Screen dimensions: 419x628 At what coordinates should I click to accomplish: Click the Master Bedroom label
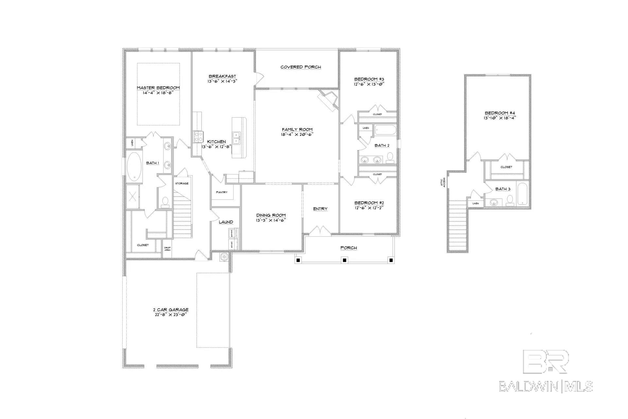(x=158, y=88)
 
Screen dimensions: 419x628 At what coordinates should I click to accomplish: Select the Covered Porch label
(x=301, y=67)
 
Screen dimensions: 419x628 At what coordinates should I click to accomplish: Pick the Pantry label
(x=221, y=192)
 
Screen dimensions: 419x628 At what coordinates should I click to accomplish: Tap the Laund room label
(x=226, y=222)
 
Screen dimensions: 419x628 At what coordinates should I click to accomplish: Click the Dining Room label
(x=271, y=215)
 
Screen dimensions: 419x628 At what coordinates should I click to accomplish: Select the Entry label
(x=320, y=209)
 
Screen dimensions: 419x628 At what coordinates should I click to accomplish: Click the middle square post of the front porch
(x=344, y=260)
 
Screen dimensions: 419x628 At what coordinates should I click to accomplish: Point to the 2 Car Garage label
(x=171, y=310)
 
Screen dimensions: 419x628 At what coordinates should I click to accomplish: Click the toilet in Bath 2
(x=390, y=158)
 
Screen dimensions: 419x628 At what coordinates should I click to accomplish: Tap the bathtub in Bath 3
(x=522, y=194)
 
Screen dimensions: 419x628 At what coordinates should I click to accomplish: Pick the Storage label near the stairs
(x=182, y=183)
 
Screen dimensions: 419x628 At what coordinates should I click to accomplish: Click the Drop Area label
(x=167, y=249)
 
